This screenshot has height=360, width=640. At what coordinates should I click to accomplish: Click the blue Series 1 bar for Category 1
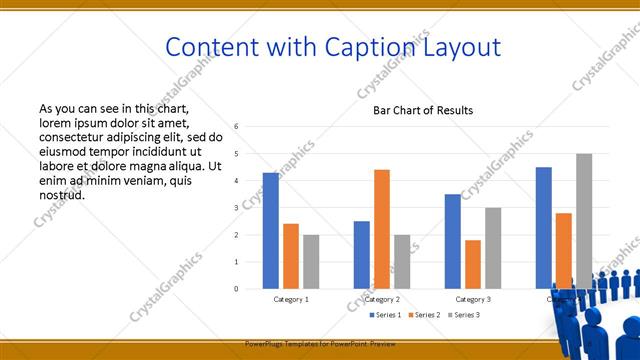pyautogui.click(x=271, y=231)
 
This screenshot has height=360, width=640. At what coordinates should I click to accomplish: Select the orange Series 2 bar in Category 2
pyautogui.click(x=382, y=229)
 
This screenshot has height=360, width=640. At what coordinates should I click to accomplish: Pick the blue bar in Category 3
pyautogui.click(x=453, y=241)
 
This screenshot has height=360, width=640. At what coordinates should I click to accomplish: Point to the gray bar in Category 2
pyautogui.click(x=402, y=262)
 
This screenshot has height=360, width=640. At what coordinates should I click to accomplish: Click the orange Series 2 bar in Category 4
pyautogui.click(x=564, y=250)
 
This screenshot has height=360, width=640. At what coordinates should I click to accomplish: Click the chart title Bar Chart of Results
pyautogui.click(x=423, y=110)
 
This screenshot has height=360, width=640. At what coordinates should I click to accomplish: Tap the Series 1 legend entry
pyautogui.click(x=386, y=315)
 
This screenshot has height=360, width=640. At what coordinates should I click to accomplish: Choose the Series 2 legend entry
pyautogui.click(x=426, y=315)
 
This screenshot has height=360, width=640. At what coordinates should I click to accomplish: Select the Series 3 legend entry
pyautogui.click(x=466, y=315)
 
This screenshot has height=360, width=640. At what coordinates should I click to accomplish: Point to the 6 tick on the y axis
pyautogui.click(x=236, y=127)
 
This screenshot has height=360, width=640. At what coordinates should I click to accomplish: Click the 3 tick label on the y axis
pyautogui.click(x=236, y=208)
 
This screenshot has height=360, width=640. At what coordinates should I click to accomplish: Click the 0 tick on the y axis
pyautogui.click(x=236, y=289)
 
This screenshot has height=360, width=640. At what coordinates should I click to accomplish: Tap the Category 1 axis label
pyautogui.click(x=291, y=299)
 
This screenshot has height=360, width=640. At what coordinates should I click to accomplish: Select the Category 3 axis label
pyautogui.click(x=473, y=299)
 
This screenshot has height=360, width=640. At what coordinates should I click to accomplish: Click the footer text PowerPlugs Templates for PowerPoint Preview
pyautogui.click(x=320, y=343)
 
